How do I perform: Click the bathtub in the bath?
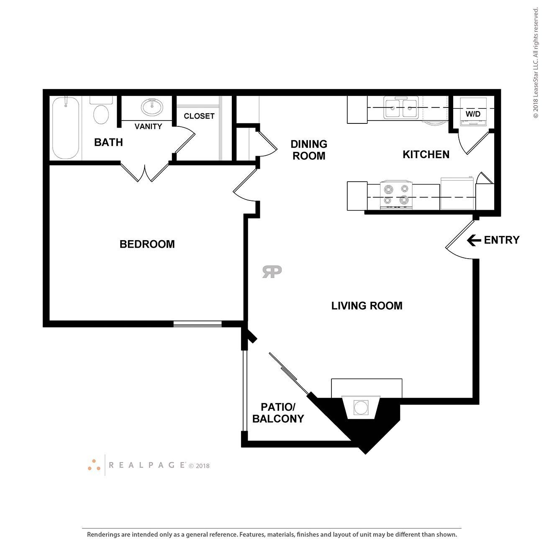pyautogui.click(x=66, y=128)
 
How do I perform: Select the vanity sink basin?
pyautogui.click(x=152, y=107)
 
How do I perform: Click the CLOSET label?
pyautogui.click(x=199, y=116)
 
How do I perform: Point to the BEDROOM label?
pyautogui.click(x=147, y=244)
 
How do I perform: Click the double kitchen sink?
pyautogui.click(x=401, y=108)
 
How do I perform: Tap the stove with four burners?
pyautogui.click(x=396, y=195)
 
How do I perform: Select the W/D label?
pyautogui.click(x=473, y=114)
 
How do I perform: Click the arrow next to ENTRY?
pyautogui.click(x=474, y=240)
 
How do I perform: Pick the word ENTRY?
pyautogui.click(x=501, y=240)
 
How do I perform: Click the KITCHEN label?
pyautogui.click(x=426, y=154)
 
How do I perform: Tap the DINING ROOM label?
pyautogui.click(x=309, y=150)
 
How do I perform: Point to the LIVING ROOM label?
pyautogui.click(x=367, y=306)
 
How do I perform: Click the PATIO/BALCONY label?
pyautogui.click(x=278, y=413)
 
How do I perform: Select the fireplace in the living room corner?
pyautogui.click(x=361, y=407)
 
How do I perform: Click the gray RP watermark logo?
pyautogui.click(x=272, y=272)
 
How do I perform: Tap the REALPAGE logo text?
pyautogui.click(x=147, y=465)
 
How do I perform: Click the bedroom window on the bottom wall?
pyautogui.click(x=198, y=323)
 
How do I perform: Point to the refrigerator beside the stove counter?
pyautogui.click(x=457, y=193)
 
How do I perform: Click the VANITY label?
pyautogui.click(x=148, y=126)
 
